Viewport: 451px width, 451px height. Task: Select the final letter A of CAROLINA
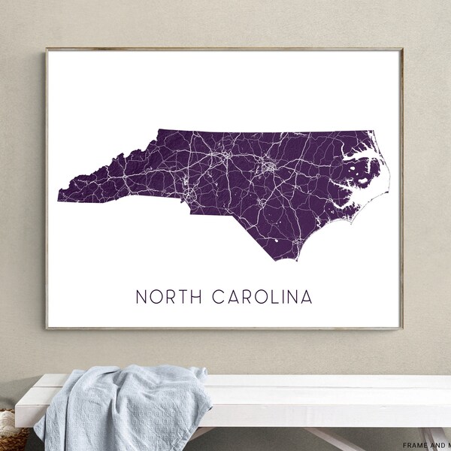[307, 297]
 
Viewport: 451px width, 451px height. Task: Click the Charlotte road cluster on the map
[186, 197]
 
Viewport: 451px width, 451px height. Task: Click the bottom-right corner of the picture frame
[404, 329]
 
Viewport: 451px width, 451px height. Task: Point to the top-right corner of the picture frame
[404, 49]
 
